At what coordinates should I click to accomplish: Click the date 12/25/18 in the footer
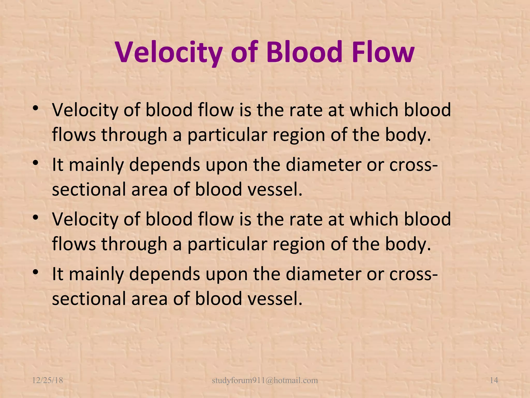[48, 380]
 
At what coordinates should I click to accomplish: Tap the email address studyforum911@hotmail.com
[265, 380]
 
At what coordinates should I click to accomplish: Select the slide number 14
[494, 380]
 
